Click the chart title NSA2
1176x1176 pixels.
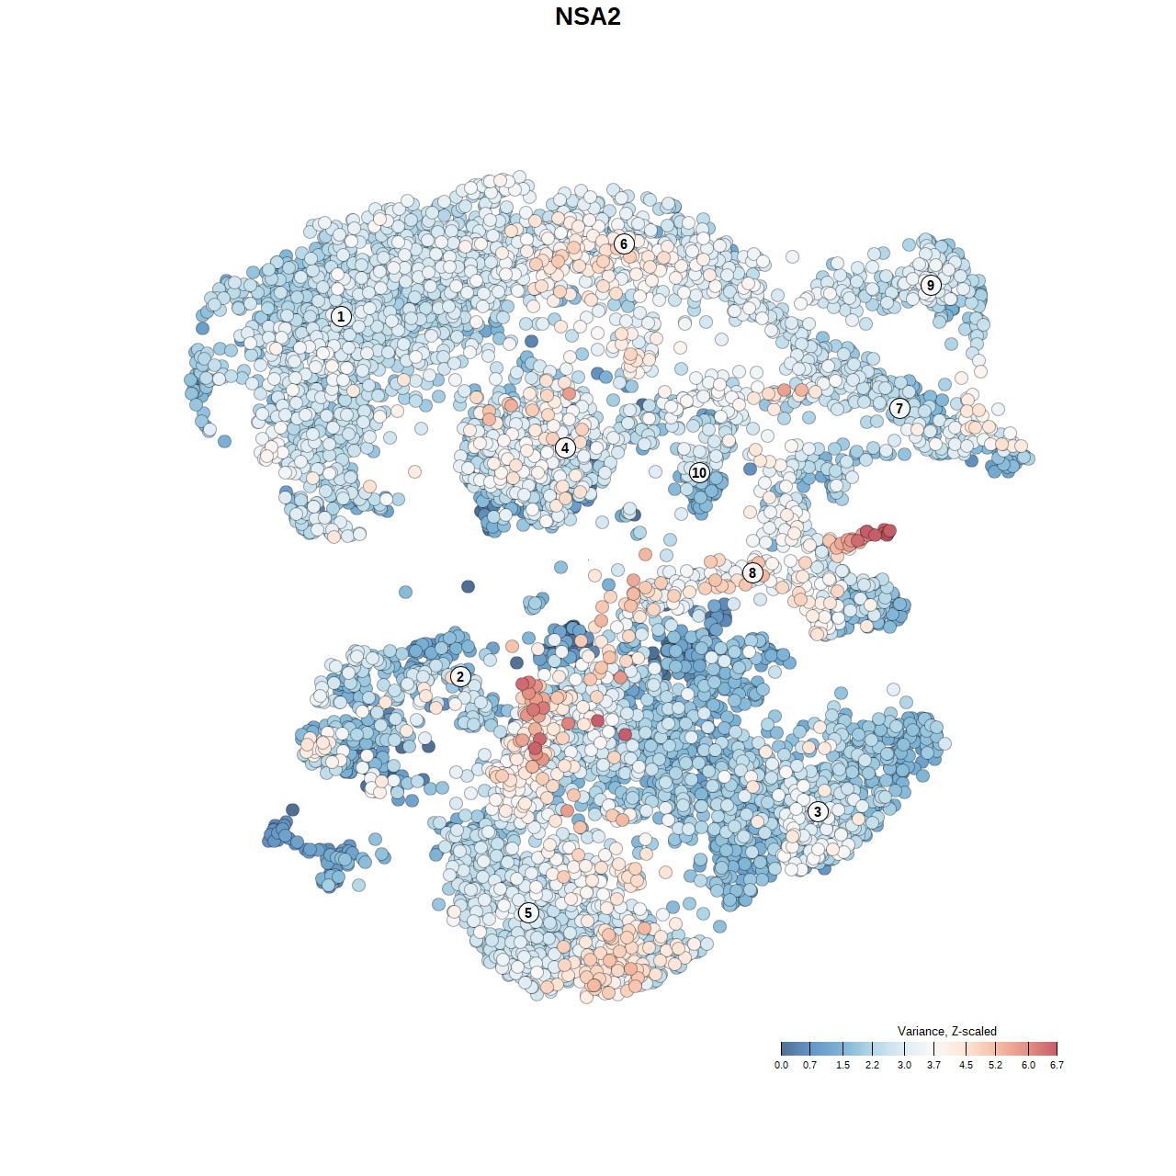[588, 17]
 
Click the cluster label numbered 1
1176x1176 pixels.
[341, 316]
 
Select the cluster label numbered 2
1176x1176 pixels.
[460, 677]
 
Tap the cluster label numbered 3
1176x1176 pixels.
[818, 811]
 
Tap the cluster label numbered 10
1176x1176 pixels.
[699, 472]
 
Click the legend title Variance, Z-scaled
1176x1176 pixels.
[946, 1031]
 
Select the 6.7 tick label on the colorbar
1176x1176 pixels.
[1057, 1065]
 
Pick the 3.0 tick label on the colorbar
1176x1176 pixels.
[904, 1065]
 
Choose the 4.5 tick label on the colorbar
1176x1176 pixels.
[966, 1065]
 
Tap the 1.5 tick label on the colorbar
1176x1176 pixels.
[842, 1065]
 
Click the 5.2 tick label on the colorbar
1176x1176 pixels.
[995, 1065]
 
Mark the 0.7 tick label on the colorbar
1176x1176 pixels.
[809, 1065]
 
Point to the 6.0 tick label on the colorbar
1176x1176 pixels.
[1028, 1065]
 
